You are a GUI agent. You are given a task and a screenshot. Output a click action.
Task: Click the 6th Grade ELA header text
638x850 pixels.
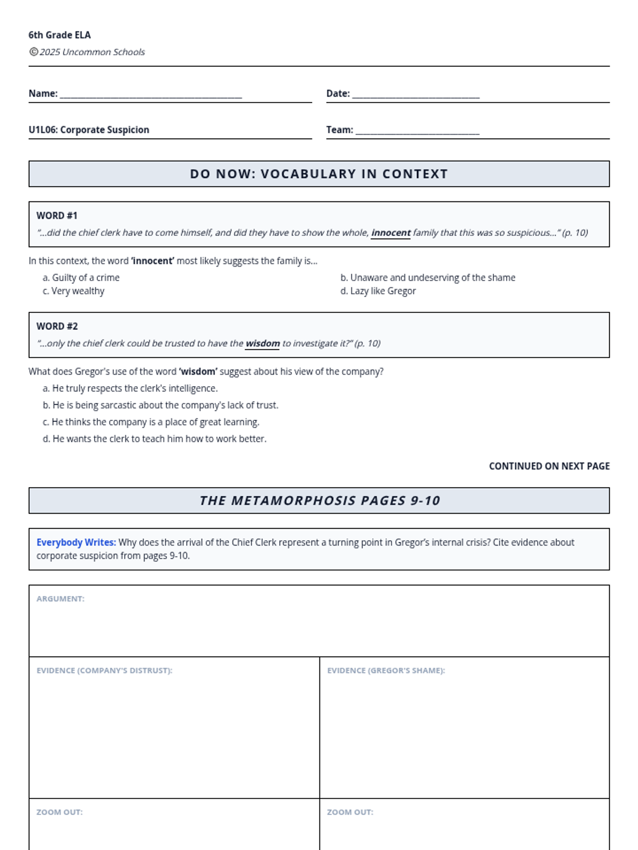(x=60, y=35)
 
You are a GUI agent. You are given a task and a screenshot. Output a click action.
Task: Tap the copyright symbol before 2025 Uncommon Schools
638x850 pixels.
(x=33, y=52)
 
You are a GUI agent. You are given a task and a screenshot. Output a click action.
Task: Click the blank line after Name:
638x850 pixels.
(x=151, y=96)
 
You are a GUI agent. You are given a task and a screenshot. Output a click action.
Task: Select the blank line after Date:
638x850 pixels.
(x=416, y=96)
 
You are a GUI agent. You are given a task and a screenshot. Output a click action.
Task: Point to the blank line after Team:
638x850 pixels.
(x=417, y=132)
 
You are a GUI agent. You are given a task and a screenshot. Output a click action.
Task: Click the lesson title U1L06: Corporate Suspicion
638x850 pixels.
(x=89, y=130)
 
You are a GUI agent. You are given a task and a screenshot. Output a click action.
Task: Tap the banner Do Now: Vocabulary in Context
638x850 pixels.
(x=319, y=174)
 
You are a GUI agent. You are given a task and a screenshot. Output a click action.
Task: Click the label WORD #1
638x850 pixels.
(x=57, y=216)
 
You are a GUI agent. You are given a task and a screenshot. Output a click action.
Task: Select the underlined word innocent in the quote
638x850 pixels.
(x=391, y=233)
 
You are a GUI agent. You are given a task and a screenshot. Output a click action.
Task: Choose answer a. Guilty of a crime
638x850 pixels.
(x=81, y=277)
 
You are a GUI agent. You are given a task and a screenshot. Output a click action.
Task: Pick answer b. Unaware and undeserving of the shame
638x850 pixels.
(x=428, y=277)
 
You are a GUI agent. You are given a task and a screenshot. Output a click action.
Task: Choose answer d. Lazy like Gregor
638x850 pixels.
(x=378, y=291)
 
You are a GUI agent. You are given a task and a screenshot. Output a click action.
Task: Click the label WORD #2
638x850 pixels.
(x=57, y=326)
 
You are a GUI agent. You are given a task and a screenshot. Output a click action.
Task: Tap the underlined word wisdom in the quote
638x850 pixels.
(x=263, y=343)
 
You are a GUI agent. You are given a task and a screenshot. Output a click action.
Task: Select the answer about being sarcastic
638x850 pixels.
(x=161, y=405)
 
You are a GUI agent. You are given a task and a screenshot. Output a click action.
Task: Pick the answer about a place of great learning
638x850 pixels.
(x=151, y=422)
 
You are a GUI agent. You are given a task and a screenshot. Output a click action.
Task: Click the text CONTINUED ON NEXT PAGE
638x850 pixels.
(x=549, y=466)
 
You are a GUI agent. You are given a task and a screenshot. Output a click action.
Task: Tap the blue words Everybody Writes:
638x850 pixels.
(x=76, y=542)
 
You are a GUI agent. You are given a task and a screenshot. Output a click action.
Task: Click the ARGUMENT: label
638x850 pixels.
(x=61, y=599)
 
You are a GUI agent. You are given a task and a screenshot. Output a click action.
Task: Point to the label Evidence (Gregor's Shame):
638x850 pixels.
(x=386, y=670)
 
